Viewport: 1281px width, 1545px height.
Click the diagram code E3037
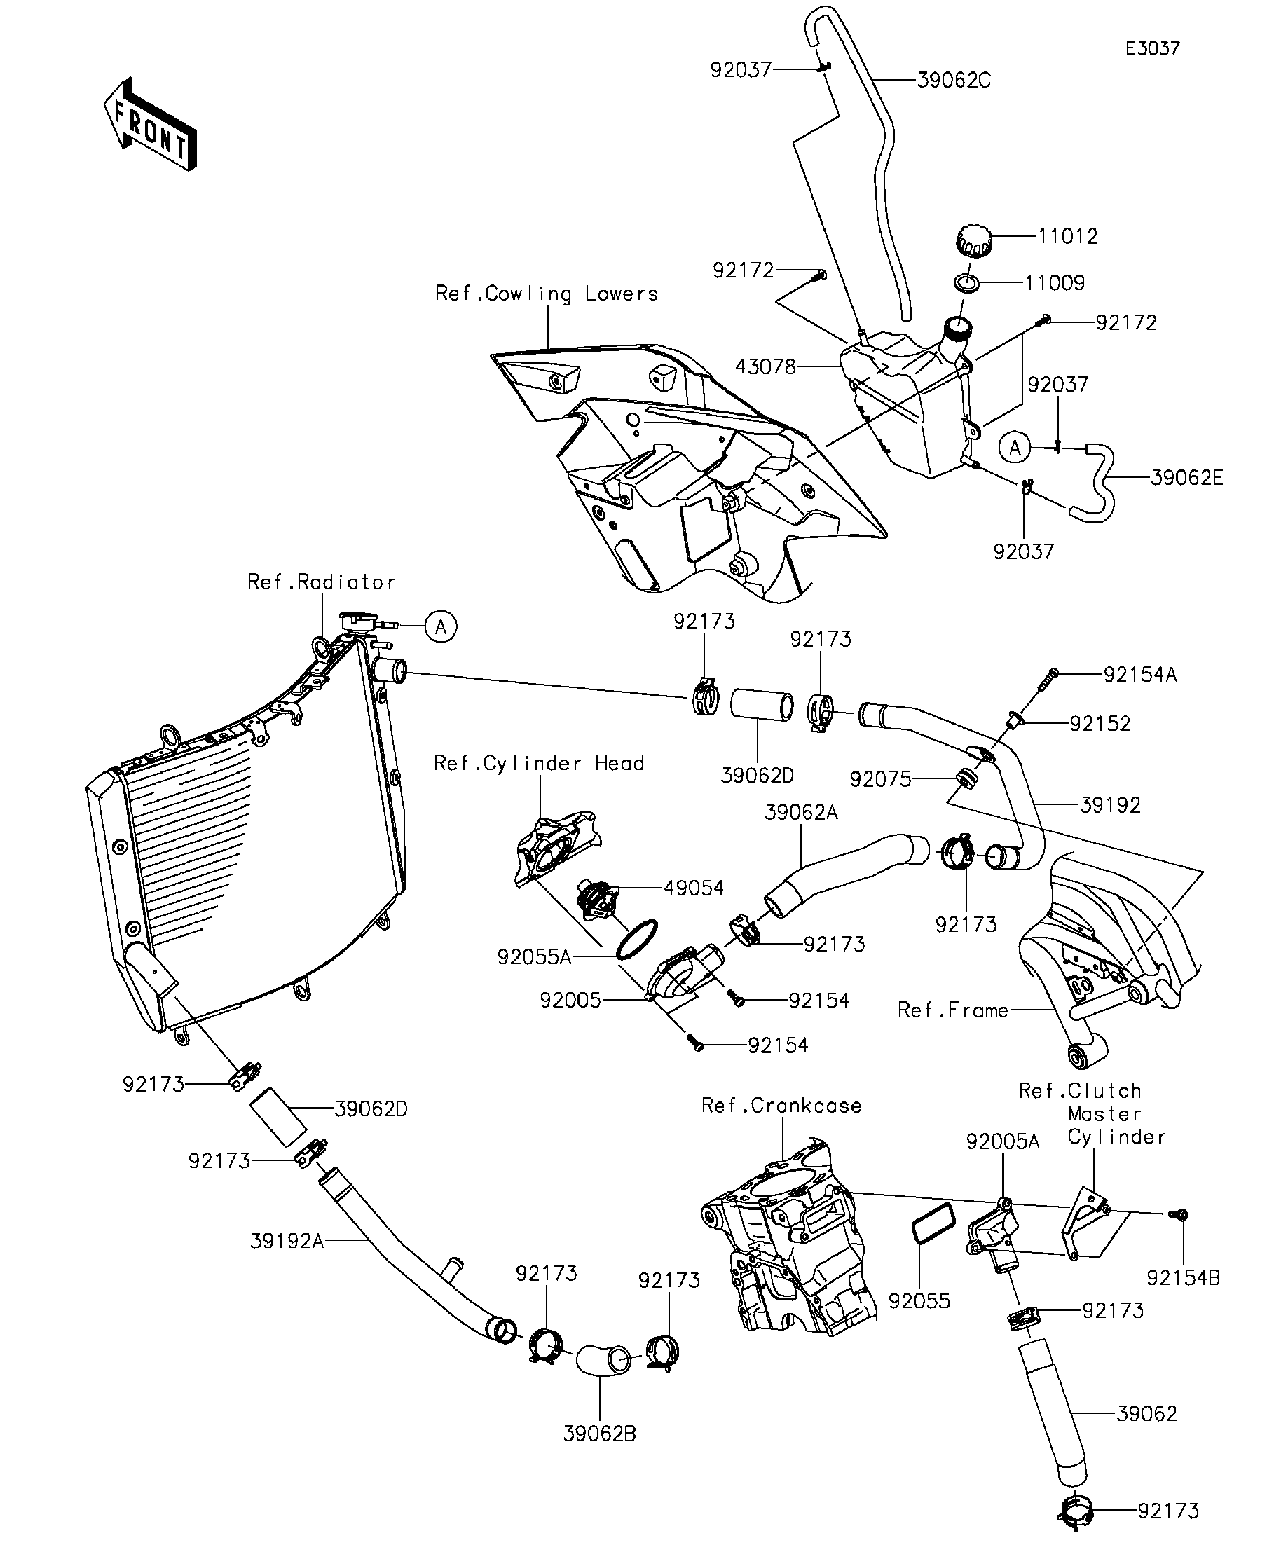[1152, 49]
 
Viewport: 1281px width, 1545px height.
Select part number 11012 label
[1068, 236]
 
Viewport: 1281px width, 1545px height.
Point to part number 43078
[765, 366]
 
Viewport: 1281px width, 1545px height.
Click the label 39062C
[954, 80]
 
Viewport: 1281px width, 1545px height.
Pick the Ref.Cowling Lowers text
[546, 294]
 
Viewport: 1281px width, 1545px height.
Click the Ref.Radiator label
[321, 582]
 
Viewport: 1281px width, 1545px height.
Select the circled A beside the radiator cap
[441, 626]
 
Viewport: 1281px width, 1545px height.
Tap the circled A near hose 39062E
[1015, 447]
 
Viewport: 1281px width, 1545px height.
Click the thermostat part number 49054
[694, 888]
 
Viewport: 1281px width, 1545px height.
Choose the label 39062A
[801, 813]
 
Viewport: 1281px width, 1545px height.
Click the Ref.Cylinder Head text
[539, 763]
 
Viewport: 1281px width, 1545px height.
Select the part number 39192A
[287, 1241]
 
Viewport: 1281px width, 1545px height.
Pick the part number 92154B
[1183, 1279]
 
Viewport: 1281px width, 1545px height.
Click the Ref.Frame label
[953, 1010]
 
